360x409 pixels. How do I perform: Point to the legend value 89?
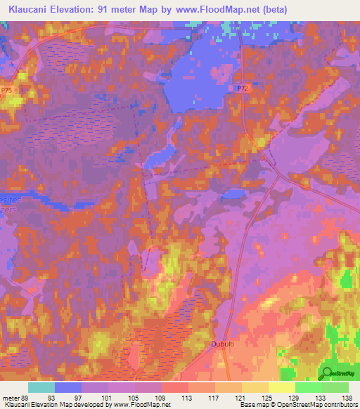tap(26, 398)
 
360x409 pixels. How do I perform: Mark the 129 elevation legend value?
tap(295, 398)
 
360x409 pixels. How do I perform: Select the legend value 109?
tap(161, 398)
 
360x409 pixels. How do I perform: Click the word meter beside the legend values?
tap(10, 398)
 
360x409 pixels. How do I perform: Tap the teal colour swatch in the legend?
tap(41, 387)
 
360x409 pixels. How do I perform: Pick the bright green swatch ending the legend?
tap(335, 387)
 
